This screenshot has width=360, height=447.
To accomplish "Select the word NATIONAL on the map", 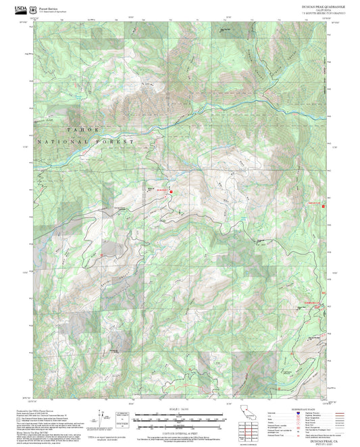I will (x=64, y=142).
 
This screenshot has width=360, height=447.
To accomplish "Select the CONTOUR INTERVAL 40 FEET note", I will (x=180, y=432).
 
